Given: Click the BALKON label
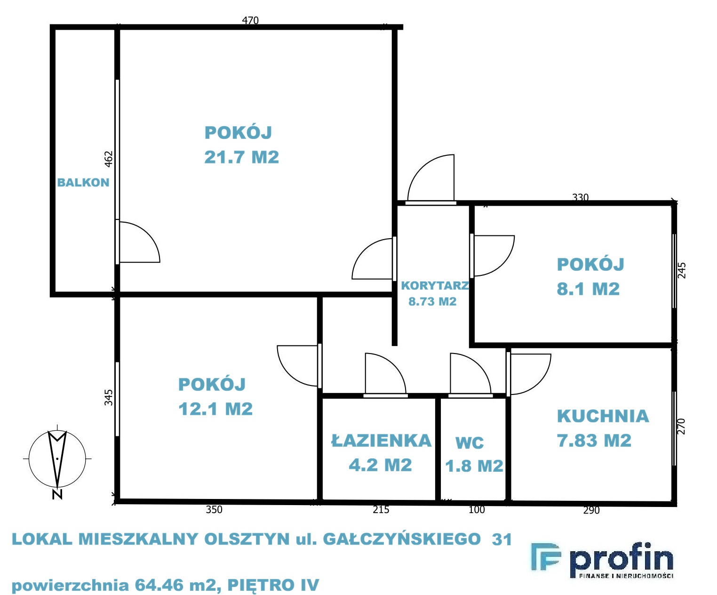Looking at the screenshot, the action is (x=83, y=183).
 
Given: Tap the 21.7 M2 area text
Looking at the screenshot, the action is (x=241, y=157).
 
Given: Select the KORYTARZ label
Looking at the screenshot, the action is (x=435, y=285).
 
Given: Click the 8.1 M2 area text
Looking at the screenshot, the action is (x=588, y=289).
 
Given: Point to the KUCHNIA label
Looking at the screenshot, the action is (x=603, y=416).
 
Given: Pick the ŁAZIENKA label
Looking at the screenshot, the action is (x=381, y=440).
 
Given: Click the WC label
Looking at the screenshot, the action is (x=470, y=443).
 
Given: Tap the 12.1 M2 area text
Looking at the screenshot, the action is (x=215, y=409).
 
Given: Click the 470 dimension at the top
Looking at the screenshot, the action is (x=250, y=20).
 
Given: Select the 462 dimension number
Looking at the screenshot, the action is (x=109, y=159).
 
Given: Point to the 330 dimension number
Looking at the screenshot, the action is (x=581, y=198).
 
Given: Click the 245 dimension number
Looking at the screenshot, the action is (x=682, y=270).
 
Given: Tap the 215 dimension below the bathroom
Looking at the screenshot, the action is (x=381, y=509).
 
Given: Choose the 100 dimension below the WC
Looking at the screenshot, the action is (x=477, y=509).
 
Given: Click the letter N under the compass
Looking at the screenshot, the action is (x=57, y=495).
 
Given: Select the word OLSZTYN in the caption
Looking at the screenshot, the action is (x=247, y=539).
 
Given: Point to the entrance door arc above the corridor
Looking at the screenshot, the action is (x=421, y=168).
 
